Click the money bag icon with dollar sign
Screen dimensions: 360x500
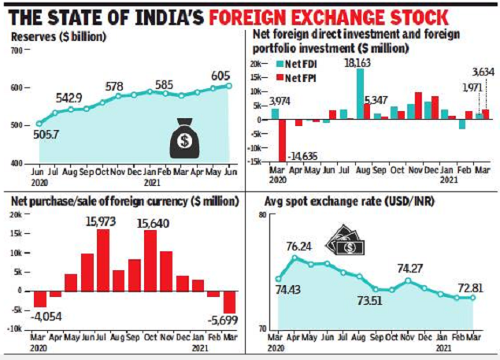pyautogui.click(x=185, y=137)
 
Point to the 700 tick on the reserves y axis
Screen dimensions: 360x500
pyautogui.click(x=17, y=51)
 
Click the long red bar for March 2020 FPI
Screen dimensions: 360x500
pyautogui.click(x=282, y=140)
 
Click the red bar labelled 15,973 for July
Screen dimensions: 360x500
pyautogui.click(x=103, y=259)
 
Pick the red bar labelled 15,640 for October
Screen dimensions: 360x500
pyautogui.click(x=150, y=260)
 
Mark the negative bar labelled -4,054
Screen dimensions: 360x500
pyautogui.click(x=39, y=299)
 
